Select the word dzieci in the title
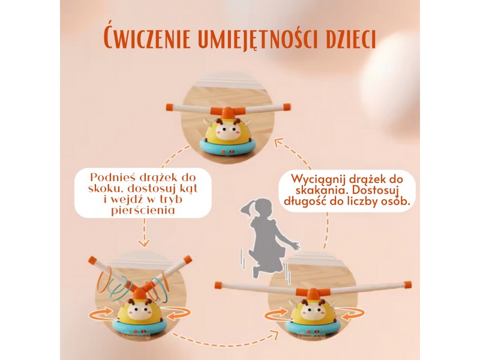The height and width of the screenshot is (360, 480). (352, 38)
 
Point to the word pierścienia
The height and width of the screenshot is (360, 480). (143, 211)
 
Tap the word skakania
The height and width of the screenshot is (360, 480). (320, 190)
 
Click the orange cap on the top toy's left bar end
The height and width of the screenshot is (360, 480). (170, 107)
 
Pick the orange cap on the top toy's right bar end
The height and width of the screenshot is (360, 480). (286, 107)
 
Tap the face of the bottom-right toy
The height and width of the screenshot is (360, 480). (312, 312)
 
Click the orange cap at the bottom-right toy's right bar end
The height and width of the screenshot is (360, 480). (407, 284)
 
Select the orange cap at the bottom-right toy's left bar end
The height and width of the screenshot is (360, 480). (218, 286)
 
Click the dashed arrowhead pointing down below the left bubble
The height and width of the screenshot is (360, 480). (143, 243)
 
